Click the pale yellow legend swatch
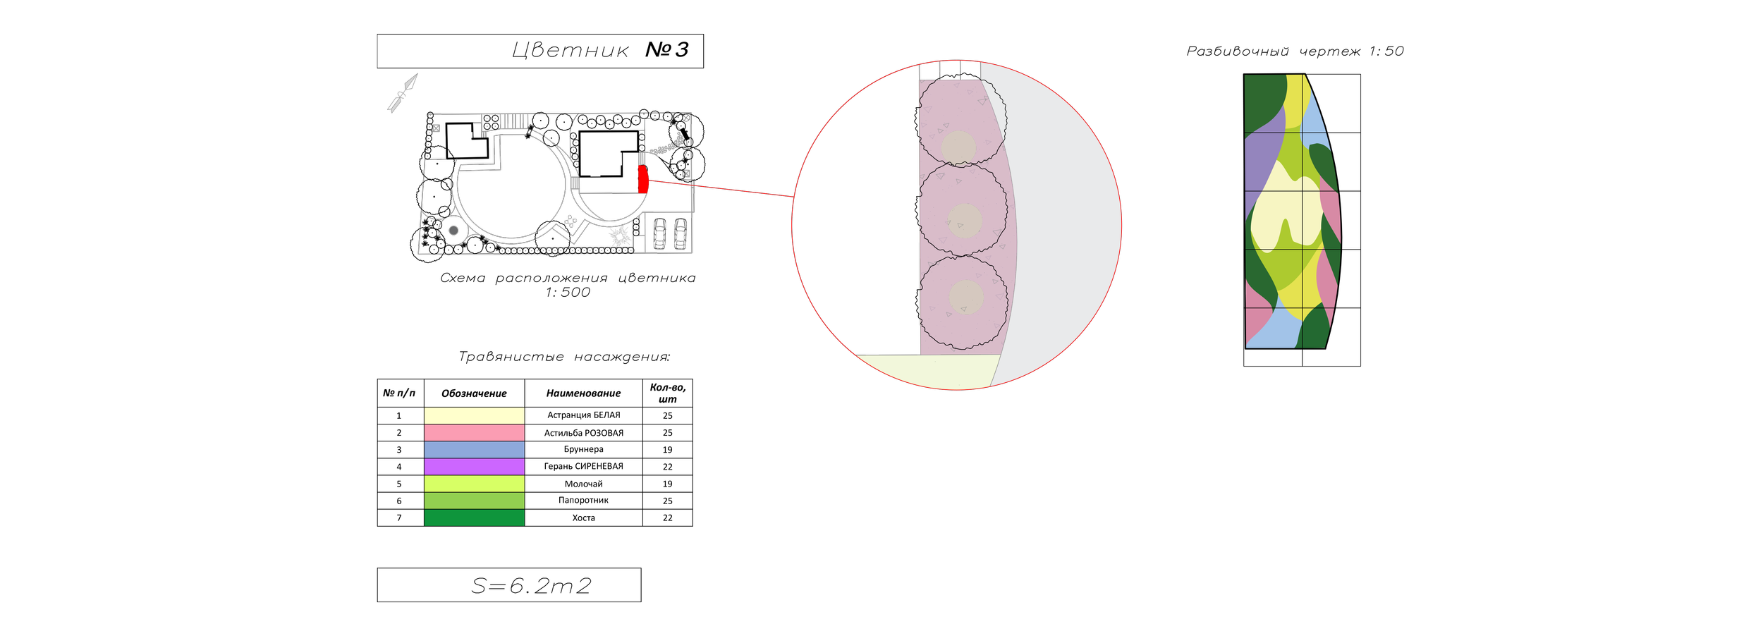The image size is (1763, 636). (474, 415)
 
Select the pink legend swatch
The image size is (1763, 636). (474, 432)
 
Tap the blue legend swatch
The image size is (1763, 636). (474, 449)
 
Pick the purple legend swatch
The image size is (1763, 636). (474, 466)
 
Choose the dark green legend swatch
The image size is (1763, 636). (474, 518)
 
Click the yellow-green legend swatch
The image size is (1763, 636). (474, 483)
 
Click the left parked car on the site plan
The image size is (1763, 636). (659, 233)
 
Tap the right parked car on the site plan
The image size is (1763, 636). (680, 233)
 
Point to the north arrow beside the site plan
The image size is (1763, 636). (400, 95)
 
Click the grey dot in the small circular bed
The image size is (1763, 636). (453, 231)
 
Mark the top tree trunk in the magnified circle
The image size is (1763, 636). (958, 147)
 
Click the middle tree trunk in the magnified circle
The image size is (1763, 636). (965, 220)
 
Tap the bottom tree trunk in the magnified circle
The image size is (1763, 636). (966, 297)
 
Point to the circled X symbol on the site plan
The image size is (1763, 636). (685, 118)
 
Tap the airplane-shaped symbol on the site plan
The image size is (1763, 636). (571, 222)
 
